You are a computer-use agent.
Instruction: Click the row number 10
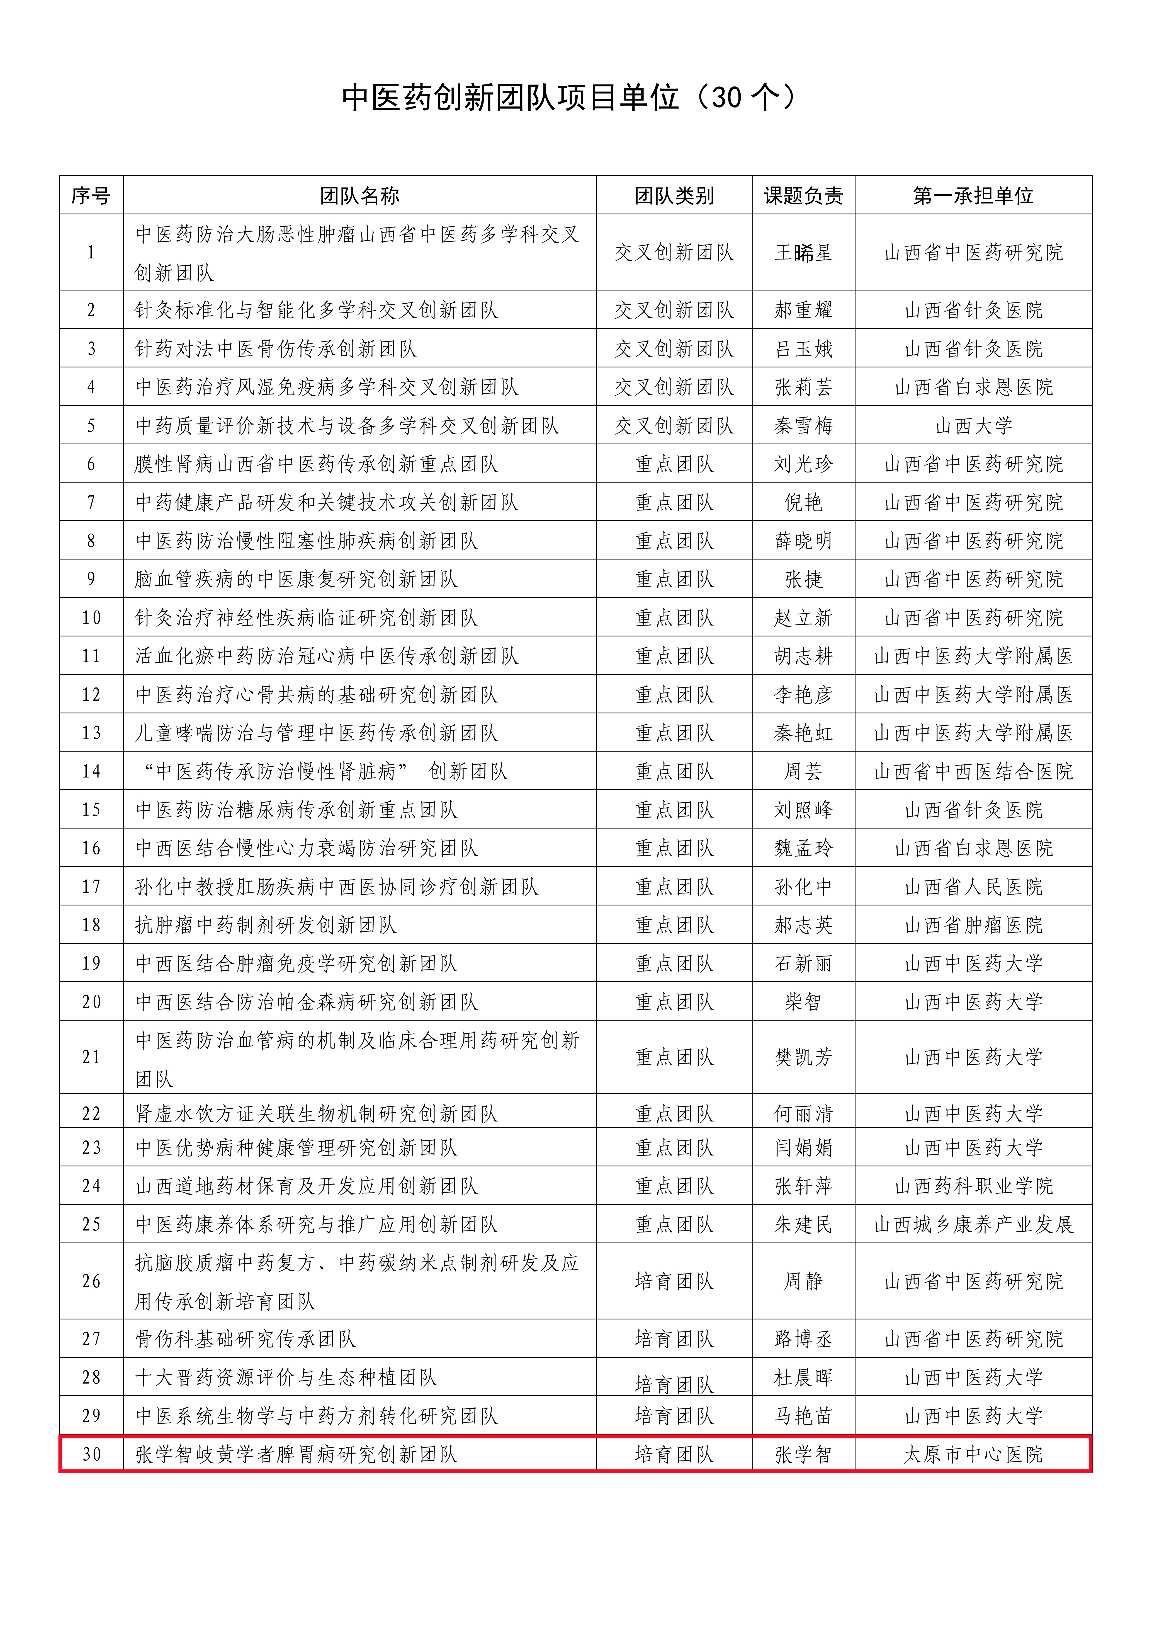click(91, 618)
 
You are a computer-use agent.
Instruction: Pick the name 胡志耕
click(803, 656)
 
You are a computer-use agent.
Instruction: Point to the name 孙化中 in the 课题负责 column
click(803, 887)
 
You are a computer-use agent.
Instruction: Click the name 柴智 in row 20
click(803, 1002)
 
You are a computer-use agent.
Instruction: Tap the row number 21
click(91, 1057)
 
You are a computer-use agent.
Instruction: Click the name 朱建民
click(803, 1224)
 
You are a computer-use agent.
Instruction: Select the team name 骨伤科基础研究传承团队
click(245, 1339)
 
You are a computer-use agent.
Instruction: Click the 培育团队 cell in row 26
click(674, 1282)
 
